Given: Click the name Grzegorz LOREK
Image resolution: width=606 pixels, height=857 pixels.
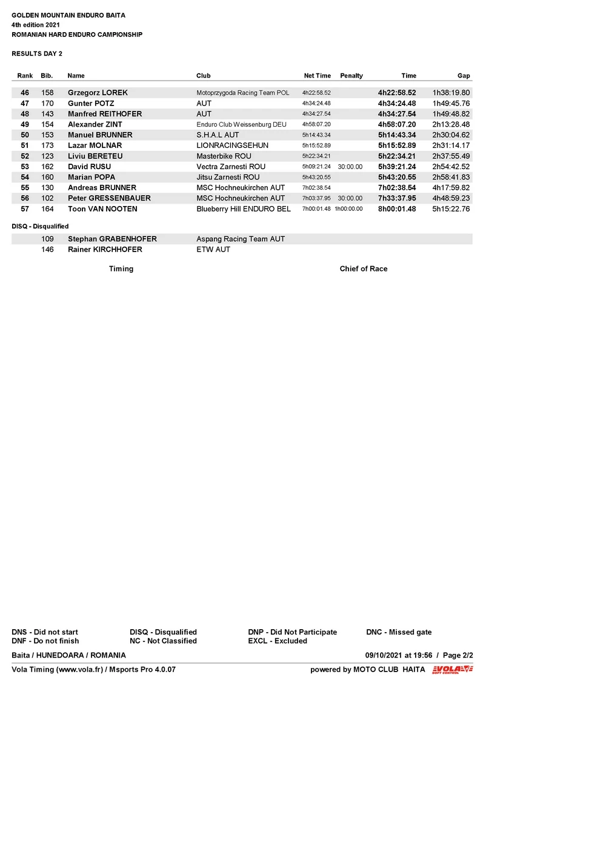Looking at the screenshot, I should [98, 93].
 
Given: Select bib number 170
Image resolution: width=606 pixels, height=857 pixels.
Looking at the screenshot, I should [47, 104].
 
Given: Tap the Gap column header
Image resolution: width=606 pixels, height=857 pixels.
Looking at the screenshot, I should [464, 76].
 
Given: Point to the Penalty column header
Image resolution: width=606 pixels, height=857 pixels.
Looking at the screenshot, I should [351, 76].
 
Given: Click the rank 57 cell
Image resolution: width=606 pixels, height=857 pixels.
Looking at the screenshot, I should [25, 209].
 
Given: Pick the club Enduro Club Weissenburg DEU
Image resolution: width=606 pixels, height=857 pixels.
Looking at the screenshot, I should [241, 125].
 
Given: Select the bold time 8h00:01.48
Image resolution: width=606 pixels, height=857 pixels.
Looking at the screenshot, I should [397, 209].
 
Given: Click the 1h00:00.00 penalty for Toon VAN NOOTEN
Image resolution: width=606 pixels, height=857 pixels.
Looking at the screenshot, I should [348, 209].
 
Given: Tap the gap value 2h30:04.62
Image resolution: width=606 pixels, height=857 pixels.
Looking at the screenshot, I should [451, 135].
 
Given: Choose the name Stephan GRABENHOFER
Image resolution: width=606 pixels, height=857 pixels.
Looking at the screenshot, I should [112, 239].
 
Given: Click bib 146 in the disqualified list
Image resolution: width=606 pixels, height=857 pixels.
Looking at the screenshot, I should [47, 250].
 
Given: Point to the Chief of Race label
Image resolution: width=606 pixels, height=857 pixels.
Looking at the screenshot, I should [364, 269].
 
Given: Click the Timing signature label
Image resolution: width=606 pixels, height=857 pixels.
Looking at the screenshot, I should [121, 269].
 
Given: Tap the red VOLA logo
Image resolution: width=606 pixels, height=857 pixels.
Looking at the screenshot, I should [452, 670].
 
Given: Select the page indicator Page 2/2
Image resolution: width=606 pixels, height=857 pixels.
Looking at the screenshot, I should [458, 656].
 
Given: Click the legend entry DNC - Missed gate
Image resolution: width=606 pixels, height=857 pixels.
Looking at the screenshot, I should [399, 632].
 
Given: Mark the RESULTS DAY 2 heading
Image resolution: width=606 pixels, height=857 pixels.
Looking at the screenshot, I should [37, 54].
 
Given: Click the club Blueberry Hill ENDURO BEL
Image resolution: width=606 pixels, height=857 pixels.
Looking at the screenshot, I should [244, 209].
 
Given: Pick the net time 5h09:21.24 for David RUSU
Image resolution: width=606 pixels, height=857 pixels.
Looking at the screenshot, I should [316, 167].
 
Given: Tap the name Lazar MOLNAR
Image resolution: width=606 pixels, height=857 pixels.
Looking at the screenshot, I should [95, 145].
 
